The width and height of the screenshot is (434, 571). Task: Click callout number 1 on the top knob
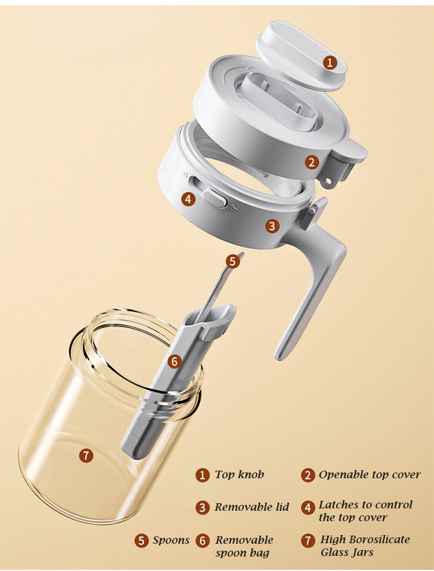tap(330, 63)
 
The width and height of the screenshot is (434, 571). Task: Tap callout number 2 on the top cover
tap(311, 162)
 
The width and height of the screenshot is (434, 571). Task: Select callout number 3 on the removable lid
tap(272, 226)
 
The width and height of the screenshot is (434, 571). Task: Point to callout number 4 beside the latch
tap(188, 199)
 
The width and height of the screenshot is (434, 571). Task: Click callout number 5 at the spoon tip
tap(233, 261)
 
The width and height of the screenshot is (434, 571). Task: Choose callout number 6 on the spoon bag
tap(175, 361)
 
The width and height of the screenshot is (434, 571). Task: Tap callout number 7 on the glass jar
tap(86, 455)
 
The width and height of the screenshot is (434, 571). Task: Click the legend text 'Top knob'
tap(239, 475)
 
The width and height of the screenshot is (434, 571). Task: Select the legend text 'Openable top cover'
tap(370, 475)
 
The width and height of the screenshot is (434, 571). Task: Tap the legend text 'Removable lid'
tap(252, 507)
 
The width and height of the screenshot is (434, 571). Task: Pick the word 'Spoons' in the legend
tap(171, 540)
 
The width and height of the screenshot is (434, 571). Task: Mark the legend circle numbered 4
tap(308, 508)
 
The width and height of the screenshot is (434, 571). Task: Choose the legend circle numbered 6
tap(203, 540)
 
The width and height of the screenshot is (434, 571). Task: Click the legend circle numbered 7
tap(308, 540)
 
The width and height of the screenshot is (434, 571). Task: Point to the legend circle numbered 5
tap(141, 540)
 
